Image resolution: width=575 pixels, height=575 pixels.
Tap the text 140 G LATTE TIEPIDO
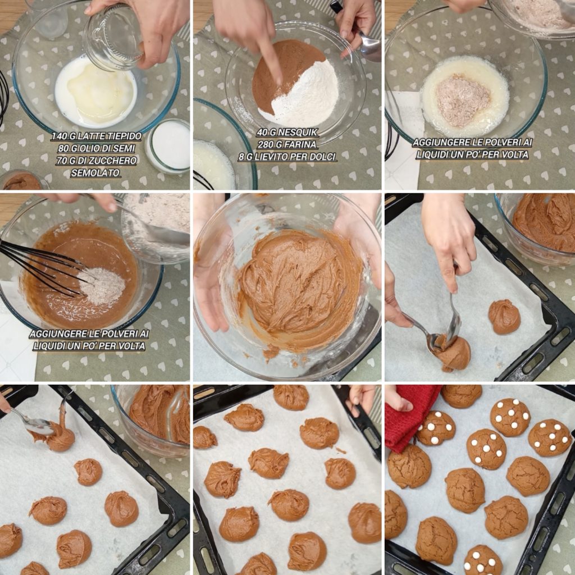(97, 136)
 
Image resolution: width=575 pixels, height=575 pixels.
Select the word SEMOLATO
(95, 173)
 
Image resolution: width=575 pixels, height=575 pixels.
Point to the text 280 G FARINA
(287, 144)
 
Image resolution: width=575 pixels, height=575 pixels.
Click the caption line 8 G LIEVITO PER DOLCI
(287, 157)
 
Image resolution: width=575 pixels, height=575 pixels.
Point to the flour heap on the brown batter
(102, 286)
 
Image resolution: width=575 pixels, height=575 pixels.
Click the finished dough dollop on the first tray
(504, 317)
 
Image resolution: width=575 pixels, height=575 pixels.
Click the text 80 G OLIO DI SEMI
(97, 148)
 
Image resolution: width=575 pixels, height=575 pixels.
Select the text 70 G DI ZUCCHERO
(97, 161)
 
